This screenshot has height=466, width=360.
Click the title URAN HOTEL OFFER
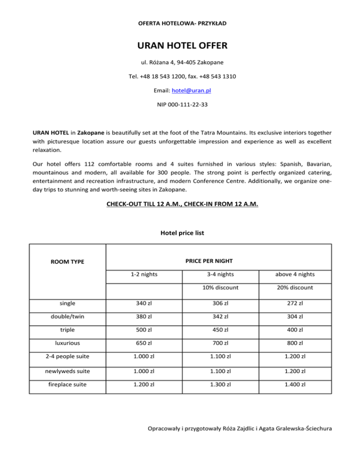[x=180, y=46]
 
